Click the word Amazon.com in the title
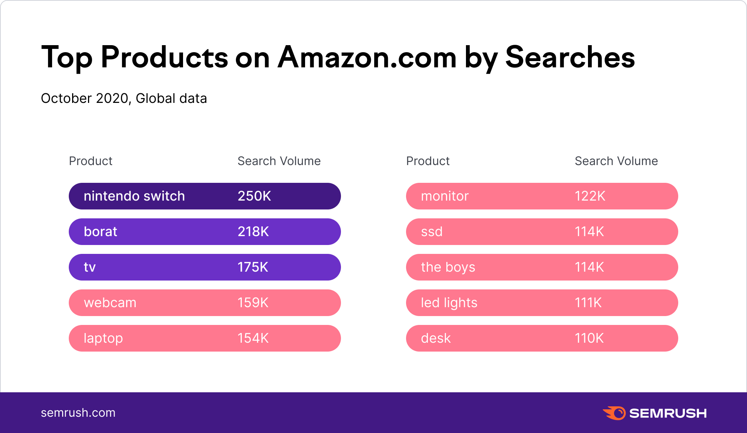367,58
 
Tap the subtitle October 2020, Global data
124,98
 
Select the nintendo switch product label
134,196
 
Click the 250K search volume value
254,196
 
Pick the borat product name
100,232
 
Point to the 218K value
253,232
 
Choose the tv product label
90,267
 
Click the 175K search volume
253,267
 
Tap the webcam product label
110,303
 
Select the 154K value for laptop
253,338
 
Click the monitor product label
445,196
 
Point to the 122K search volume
590,196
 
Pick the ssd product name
432,232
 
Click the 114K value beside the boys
589,267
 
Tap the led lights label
449,303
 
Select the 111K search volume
588,303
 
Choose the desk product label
436,338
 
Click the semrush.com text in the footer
78,413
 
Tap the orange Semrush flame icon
615,413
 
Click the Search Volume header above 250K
279,161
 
